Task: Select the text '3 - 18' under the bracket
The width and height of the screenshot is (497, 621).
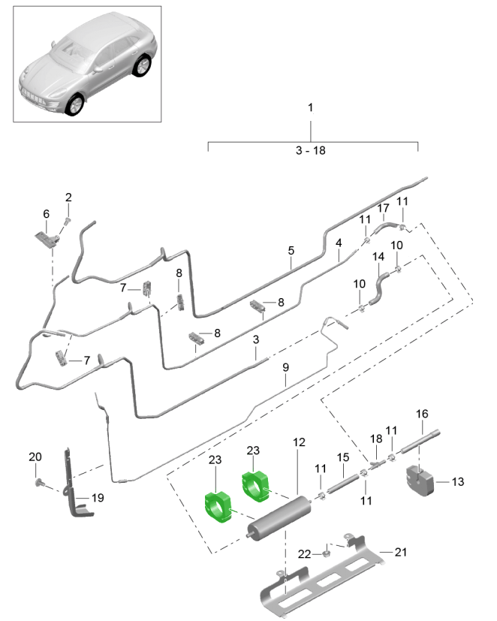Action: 311,150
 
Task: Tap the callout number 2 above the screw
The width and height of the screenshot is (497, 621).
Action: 68,197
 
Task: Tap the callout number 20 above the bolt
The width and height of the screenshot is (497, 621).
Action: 36,457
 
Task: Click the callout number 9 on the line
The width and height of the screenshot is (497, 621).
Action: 285,367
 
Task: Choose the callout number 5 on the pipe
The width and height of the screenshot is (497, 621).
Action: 290,252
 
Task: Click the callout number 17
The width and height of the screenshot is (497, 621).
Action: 382,208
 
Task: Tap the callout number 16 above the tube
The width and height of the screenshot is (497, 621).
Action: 422,414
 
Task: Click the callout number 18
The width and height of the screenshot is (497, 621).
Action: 375,438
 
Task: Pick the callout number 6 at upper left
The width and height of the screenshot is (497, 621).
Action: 46,214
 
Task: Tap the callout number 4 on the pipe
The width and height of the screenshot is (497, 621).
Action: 339,243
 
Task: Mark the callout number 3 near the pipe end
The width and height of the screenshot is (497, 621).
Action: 256,340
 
